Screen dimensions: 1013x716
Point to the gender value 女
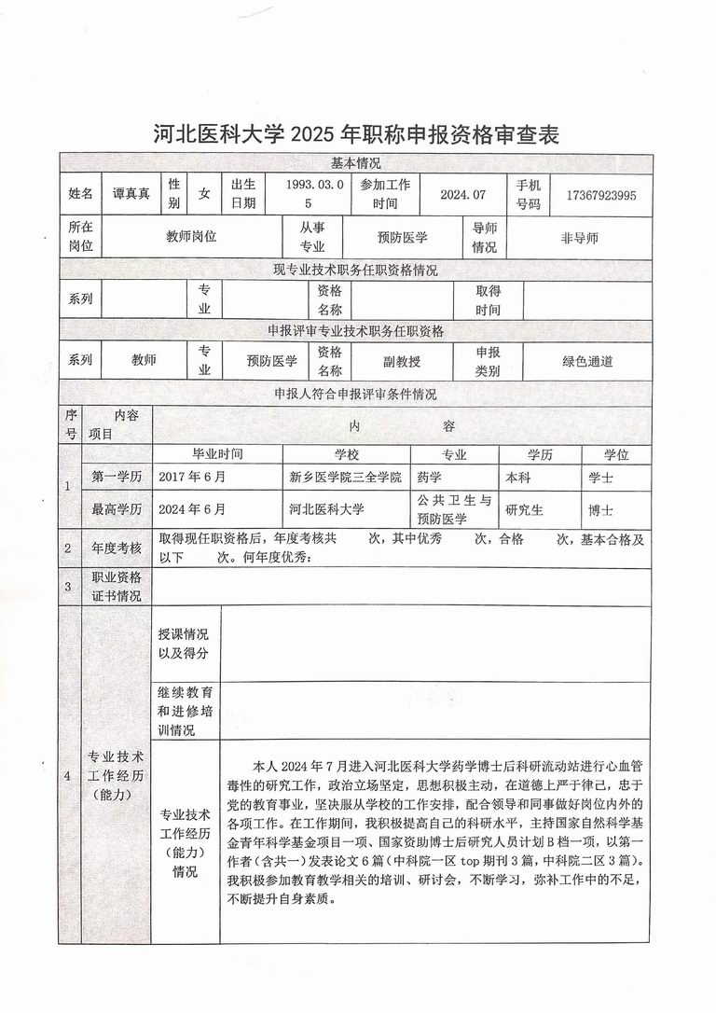click(204, 195)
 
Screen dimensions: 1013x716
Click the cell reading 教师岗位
click(191, 237)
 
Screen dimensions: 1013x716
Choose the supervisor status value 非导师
click(579, 238)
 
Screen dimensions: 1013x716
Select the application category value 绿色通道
click(587, 361)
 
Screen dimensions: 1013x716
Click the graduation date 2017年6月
click(192, 477)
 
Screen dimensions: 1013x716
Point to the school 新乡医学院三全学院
click(345, 477)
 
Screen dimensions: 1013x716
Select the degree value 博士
click(601, 510)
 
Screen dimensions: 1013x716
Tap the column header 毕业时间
click(217, 454)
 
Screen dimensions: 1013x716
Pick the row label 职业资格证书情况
click(116, 586)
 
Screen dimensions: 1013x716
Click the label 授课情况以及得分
click(184, 644)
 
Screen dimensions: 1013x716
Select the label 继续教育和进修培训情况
click(184, 710)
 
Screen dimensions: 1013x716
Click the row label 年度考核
click(116, 548)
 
